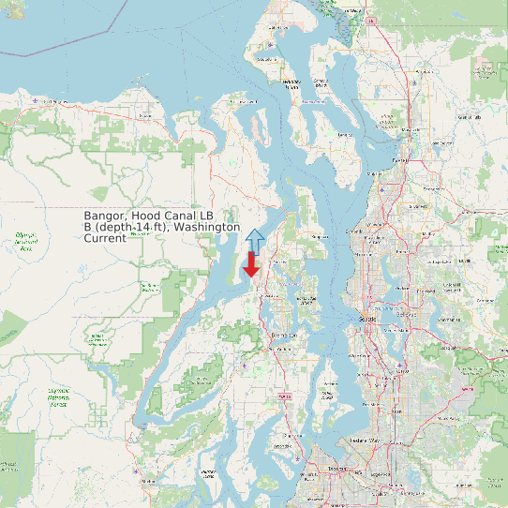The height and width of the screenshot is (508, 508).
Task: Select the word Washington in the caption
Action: coord(207,227)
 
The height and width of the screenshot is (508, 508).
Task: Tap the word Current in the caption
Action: coord(105,238)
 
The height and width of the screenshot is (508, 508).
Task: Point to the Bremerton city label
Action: coord(284,335)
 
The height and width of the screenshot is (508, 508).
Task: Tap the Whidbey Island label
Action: coord(291,83)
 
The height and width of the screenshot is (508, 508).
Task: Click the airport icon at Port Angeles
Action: coord(36,99)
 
